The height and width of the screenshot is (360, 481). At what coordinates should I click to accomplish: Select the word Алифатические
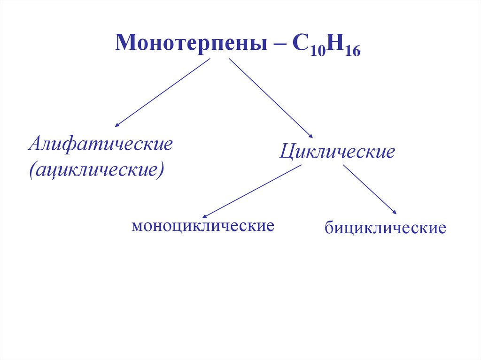click(x=101, y=144)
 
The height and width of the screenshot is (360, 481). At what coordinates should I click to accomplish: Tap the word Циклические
click(x=337, y=152)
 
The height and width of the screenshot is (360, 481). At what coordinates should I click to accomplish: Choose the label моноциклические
click(x=203, y=226)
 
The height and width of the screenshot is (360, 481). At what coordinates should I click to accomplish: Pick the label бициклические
click(x=385, y=229)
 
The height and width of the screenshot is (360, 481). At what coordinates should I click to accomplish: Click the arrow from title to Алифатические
click(x=162, y=93)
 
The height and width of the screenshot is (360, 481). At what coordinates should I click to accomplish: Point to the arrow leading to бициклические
click(x=370, y=189)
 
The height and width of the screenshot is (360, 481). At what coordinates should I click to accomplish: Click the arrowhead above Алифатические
click(x=117, y=125)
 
